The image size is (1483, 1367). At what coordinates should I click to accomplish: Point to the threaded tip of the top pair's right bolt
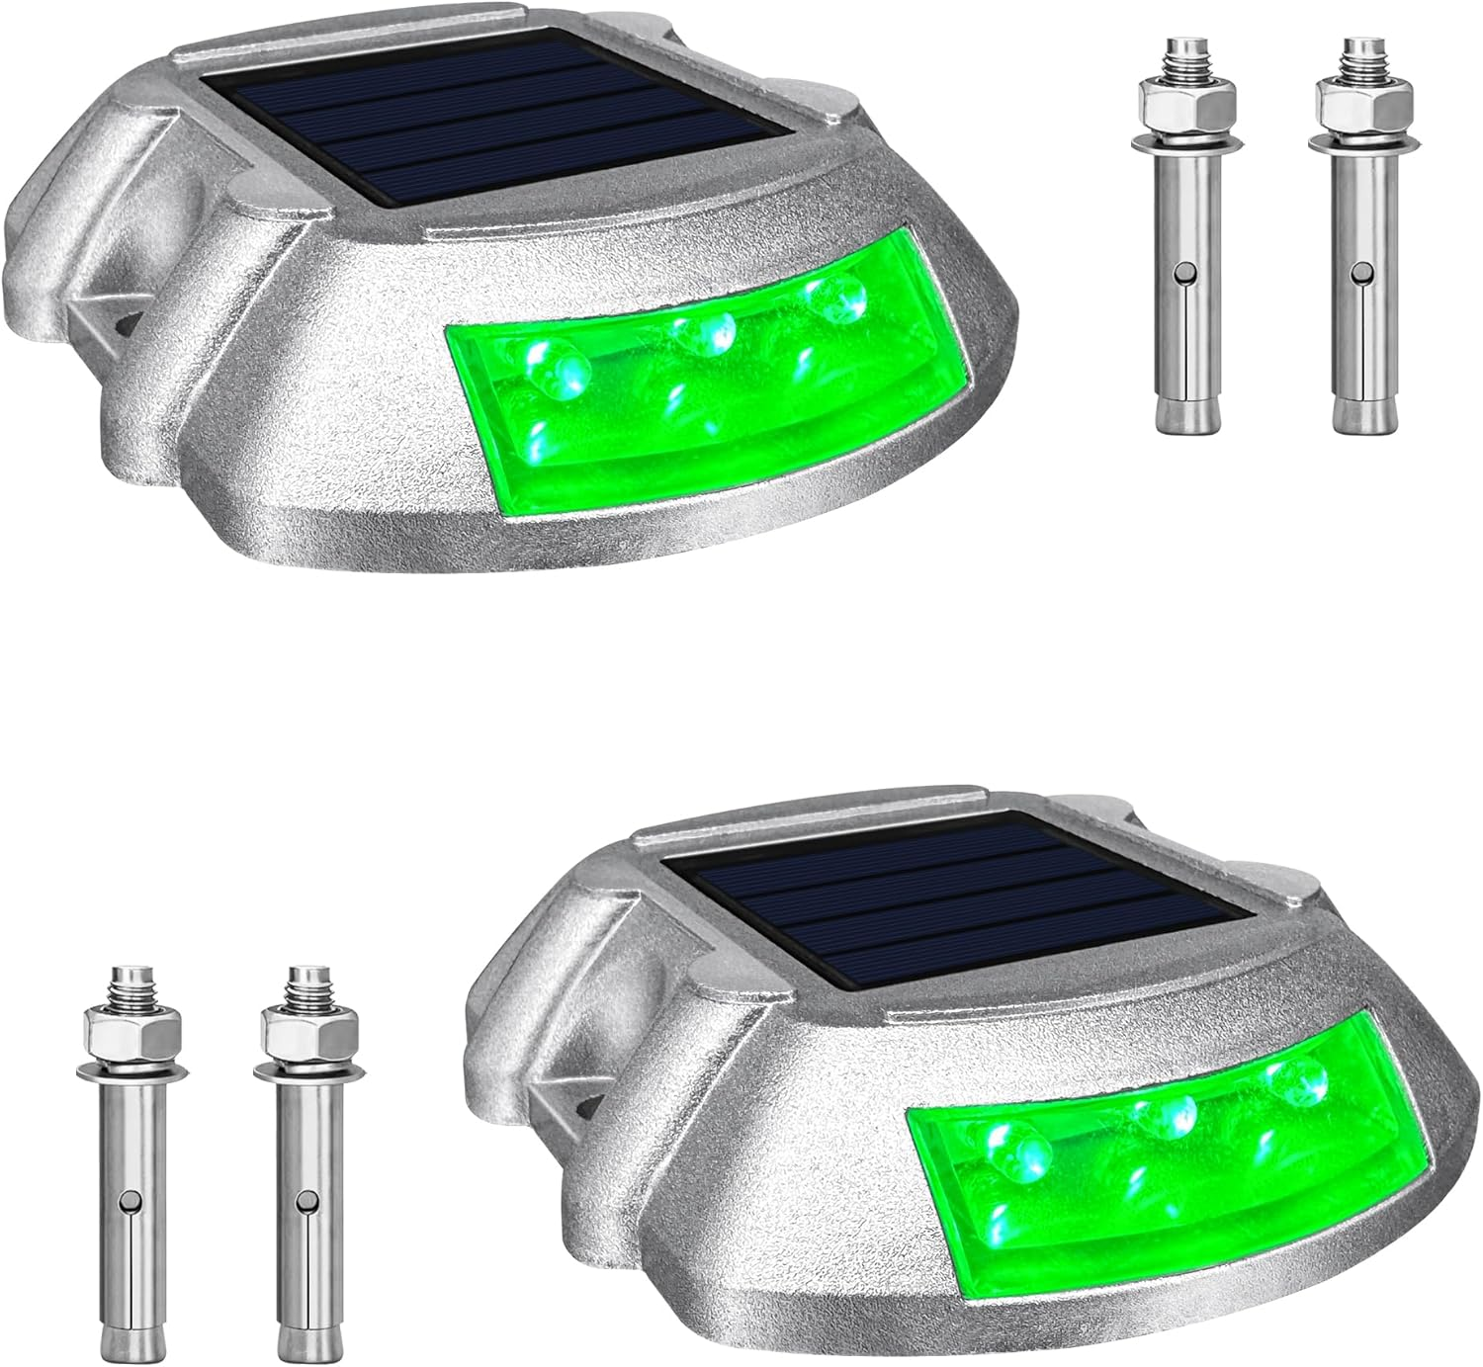[1353, 58]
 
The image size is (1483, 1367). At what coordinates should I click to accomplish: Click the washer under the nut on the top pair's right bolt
[1353, 145]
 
